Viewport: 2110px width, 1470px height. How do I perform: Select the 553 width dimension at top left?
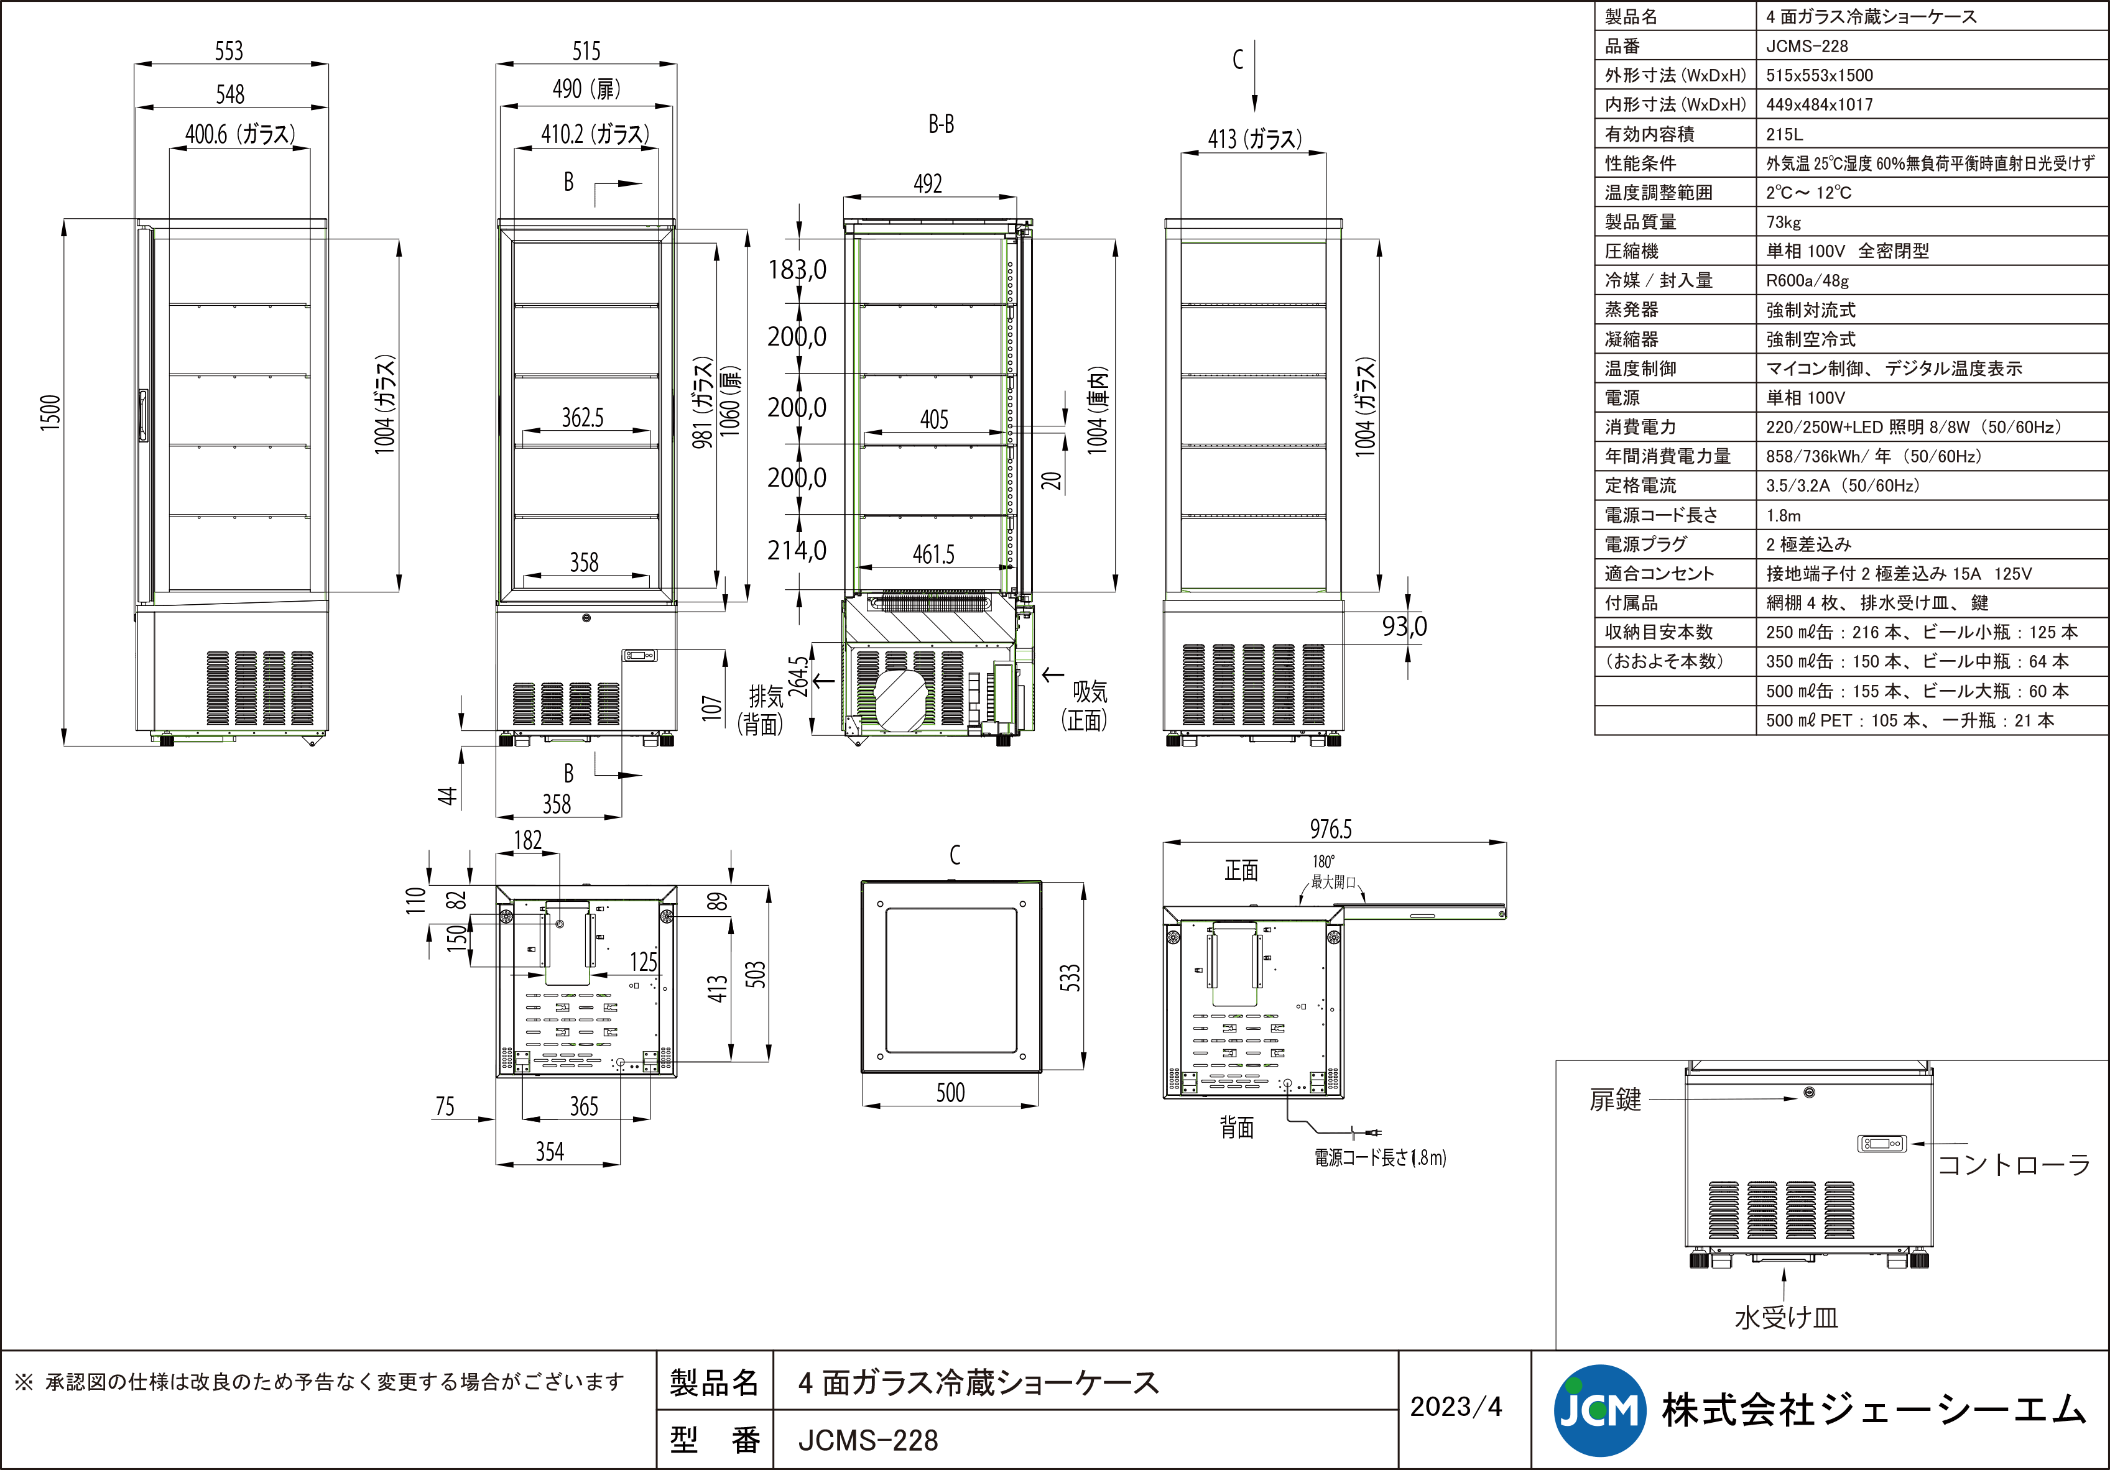pos(229,50)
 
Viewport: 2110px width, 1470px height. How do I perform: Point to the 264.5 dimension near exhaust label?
pos(800,675)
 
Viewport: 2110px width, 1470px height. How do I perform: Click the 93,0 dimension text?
pos(1404,627)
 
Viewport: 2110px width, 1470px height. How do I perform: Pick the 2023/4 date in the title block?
pos(1456,1407)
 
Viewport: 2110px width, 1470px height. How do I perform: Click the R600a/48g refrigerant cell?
pos(1807,281)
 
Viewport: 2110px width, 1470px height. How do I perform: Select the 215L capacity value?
pos(1784,134)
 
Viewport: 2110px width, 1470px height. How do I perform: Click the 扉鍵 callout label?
pos(1614,1100)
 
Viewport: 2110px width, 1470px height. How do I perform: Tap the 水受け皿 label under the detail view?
pos(1785,1318)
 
